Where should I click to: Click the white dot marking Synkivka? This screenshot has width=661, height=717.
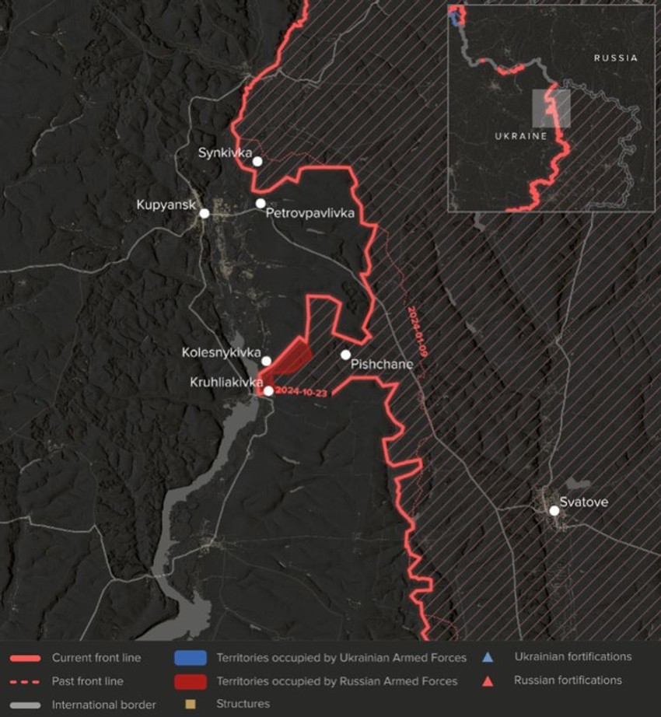(257, 162)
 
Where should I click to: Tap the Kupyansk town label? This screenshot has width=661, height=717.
(166, 205)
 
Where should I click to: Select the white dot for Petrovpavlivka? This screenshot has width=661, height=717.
(261, 204)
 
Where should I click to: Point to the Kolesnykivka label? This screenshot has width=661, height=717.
(221, 352)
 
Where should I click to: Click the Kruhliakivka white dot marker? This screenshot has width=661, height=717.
(268, 391)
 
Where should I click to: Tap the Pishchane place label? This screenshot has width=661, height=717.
(382, 363)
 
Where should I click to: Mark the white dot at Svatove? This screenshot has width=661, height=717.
(554, 511)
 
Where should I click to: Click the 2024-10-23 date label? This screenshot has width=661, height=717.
(301, 392)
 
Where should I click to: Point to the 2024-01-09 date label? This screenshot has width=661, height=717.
(418, 331)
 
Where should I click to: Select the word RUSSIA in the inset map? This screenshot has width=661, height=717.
(615, 58)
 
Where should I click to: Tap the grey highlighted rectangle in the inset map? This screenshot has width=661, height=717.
(551, 108)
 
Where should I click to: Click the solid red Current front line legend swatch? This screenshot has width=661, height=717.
(26, 658)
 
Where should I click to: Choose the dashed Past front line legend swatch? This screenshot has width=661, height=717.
(26, 681)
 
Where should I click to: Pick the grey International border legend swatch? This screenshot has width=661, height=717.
(26, 705)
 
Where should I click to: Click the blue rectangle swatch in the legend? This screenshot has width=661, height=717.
(191, 658)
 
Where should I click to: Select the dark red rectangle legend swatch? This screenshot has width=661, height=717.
(191, 681)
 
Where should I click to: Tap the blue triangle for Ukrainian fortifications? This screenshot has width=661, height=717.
(488, 657)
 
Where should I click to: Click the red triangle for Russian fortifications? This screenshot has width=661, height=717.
(488, 680)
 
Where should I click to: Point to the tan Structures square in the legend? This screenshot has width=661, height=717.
(191, 705)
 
